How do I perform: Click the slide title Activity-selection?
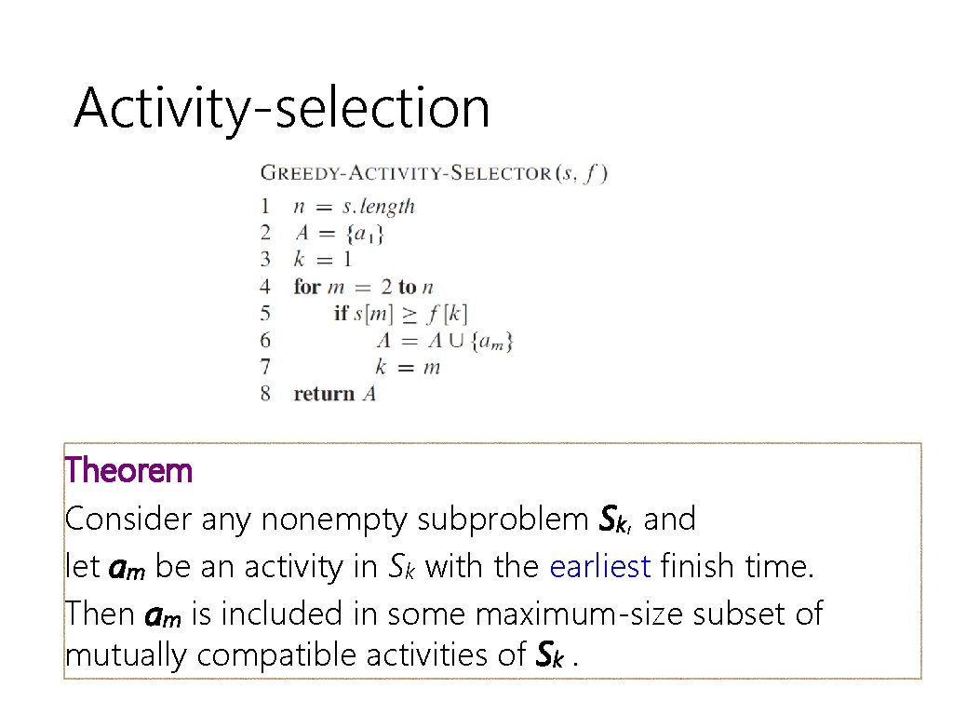[x=281, y=108]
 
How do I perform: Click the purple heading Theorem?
[x=128, y=471]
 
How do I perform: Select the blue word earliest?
[x=599, y=565]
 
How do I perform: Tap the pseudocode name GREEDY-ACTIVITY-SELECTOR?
[x=406, y=173]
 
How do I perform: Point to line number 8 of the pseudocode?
[x=266, y=394]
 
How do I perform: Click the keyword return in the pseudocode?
[x=324, y=394]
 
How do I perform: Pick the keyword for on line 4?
[x=306, y=287]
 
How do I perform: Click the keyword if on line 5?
[x=342, y=313]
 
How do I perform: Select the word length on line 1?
[x=391, y=207]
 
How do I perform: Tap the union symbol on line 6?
[x=455, y=341]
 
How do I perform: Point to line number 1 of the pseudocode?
[x=266, y=207]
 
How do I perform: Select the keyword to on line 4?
[x=408, y=287]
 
